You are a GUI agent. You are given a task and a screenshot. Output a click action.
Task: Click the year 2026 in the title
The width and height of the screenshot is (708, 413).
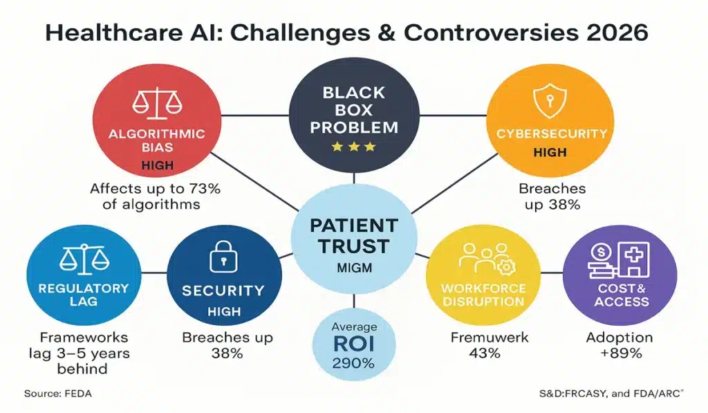click(607, 33)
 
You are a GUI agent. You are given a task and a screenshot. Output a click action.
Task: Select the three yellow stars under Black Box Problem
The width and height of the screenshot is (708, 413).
click(354, 147)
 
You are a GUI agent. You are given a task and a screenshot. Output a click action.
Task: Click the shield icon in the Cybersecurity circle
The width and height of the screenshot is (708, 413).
click(541, 104)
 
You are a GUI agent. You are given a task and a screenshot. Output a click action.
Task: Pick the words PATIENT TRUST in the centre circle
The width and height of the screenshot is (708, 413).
click(354, 236)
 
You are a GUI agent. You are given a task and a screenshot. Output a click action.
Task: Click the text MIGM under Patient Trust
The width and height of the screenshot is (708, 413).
click(354, 266)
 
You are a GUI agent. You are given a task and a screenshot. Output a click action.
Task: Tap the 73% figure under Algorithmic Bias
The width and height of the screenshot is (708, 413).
click(215, 188)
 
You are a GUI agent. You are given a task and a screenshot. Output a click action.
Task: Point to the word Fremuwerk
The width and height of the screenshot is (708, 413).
click(483, 338)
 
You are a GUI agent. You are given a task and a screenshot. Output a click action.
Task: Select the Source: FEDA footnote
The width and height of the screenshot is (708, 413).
click(58, 394)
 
